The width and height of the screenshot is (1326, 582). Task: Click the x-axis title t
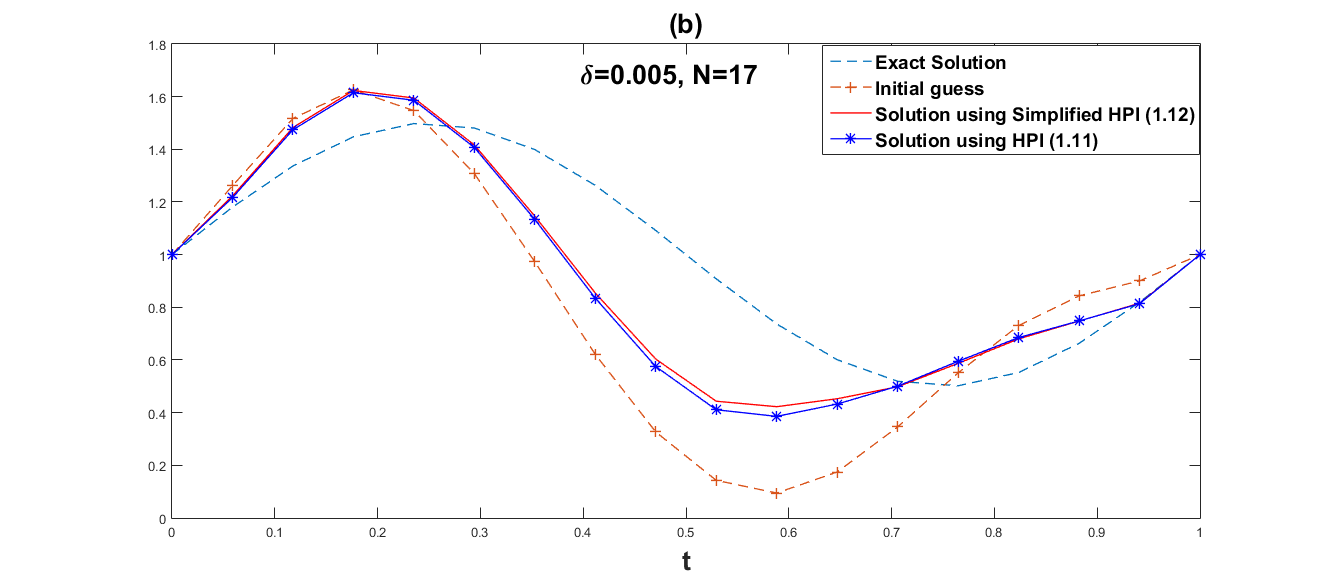pos(686,562)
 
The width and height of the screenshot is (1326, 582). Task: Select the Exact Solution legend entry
pos(940,63)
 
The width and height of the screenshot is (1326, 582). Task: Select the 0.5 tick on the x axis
pos(686,532)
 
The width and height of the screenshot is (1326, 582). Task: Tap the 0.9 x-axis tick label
pos(1097,532)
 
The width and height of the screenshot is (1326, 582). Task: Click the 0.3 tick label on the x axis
pos(480,532)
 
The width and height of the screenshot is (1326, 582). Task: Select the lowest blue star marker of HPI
pos(776,416)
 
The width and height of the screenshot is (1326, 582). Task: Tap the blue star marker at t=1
pos(1200,254)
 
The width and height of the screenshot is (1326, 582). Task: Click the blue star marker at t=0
pos(172,254)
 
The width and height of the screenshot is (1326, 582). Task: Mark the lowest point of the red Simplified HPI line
pos(776,407)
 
